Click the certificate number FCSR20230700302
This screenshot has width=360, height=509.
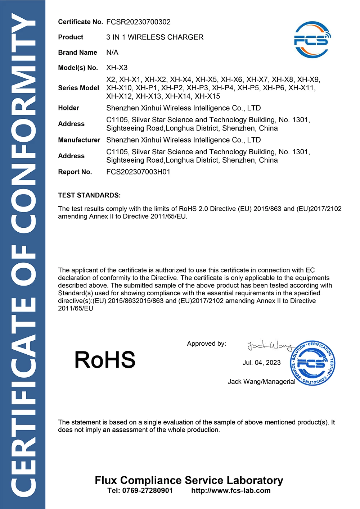tap(138, 22)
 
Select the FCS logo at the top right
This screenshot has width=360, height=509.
tap(312, 40)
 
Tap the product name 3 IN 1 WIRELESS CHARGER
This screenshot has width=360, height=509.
tap(155, 37)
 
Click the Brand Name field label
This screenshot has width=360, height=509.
tap(77, 53)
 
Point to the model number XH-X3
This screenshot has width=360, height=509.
tap(117, 68)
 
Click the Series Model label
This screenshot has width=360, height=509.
tap(78, 88)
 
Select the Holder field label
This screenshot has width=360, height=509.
tap(68, 108)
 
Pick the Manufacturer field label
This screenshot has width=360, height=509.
tap(79, 140)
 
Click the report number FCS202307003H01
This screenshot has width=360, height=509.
tap(138, 172)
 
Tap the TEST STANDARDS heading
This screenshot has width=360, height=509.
tap(89, 195)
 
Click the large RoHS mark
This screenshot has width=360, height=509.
tap(105, 360)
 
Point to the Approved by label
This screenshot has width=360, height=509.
tap(206, 344)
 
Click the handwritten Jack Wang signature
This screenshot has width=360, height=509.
tap(269, 346)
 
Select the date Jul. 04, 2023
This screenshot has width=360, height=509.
tap(261, 363)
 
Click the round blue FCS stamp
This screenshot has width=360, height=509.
tap(312, 363)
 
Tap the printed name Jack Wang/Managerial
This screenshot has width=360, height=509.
tap(261, 382)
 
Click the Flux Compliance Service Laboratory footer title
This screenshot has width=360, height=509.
tap(189, 480)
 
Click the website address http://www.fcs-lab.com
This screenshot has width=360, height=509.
tap(231, 491)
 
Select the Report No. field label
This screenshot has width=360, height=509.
tap(75, 172)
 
